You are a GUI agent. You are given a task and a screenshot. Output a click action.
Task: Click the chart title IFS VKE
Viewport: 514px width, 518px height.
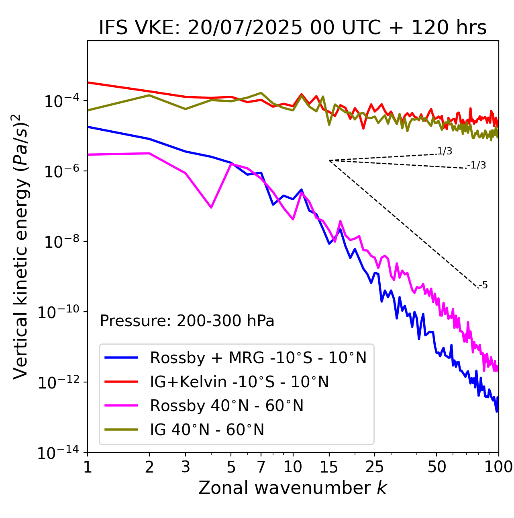pyautogui.click(x=293, y=28)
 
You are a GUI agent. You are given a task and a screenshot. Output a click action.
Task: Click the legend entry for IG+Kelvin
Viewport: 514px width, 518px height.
pyautogui.click(x=239, y=382)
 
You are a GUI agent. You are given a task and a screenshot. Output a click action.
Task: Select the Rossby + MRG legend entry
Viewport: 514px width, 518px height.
pyautogui.click(x=258, y=358)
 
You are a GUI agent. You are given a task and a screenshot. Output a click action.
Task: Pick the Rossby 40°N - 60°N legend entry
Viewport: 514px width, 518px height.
pyautogui.click(x=226, y=406)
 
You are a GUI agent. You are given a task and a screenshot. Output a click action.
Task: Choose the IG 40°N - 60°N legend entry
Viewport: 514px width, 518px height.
pyautogui.click(x=207, y=430)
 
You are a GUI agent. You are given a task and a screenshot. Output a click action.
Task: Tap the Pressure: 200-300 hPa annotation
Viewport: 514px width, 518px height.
pyautogui.click(x=187, y=321)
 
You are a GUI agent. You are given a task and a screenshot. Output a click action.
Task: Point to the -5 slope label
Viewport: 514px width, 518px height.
pyautogui.click(x=483, y=286)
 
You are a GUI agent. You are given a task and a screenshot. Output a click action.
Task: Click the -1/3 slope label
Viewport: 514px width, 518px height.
pyautogui.click(x=477, y=165)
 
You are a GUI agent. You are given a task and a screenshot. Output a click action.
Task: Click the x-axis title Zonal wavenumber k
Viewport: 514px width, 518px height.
pyautogui.click(x=293, y=488)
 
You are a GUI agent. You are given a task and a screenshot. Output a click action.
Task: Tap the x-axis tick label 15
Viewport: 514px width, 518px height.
pyautogui.click(x=329, y=467)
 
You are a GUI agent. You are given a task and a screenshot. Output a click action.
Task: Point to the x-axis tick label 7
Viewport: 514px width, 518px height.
pyautogui.click(x=261, y=467)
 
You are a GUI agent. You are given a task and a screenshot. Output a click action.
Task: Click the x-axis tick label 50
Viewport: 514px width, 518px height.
pyautogui.click(x=437, y=467)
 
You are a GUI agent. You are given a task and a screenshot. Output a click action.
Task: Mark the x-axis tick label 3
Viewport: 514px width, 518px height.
pyautogui.click(x=185, y=467)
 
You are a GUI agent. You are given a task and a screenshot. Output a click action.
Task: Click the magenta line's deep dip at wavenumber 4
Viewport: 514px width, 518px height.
pyautogui.click(x=211, y=208)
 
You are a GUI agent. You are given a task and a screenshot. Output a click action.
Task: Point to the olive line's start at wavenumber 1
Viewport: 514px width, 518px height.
pyautogui.click(x=88, y=110)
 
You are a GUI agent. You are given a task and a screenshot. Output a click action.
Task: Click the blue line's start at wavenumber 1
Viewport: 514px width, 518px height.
pyautogui.click(x=88, y=127)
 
